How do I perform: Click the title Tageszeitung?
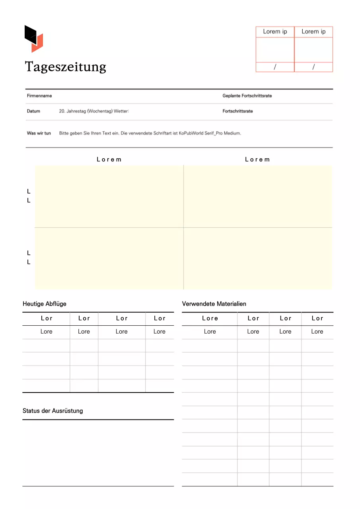coord(66,67)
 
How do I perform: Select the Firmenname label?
coord(39,96)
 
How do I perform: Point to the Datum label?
coord(33,111)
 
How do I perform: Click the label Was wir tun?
coord(39,133)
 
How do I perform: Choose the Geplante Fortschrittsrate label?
coord(247,96)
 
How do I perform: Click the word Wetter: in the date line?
coord(121,111)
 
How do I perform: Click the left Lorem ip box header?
coord(275,32)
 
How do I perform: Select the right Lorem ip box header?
coord(313,32)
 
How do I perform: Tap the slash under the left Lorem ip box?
coord(275,67)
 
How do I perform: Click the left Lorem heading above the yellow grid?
coord(109,159)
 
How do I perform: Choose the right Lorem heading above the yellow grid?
coord(257,159)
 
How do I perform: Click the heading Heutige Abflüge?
coord(45,304)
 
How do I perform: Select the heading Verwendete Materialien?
coord(214,304)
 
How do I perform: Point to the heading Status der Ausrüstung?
coord(53,411)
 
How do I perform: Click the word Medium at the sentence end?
coord(232,133)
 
